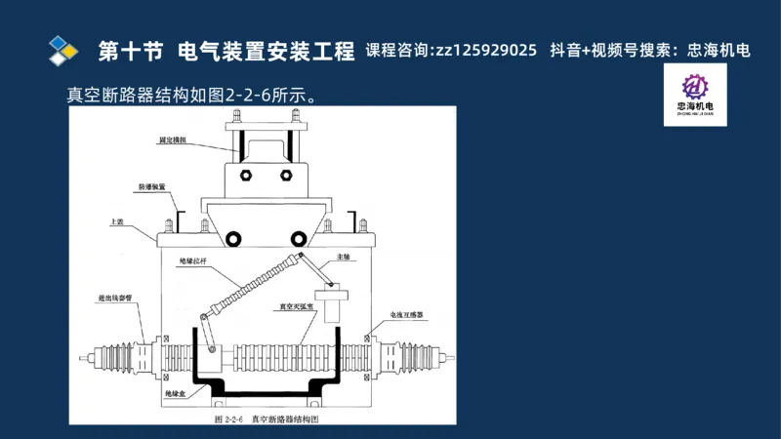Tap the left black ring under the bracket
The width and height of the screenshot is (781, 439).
tap(233, 239)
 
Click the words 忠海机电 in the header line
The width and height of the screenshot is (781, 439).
tap(719, 51)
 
